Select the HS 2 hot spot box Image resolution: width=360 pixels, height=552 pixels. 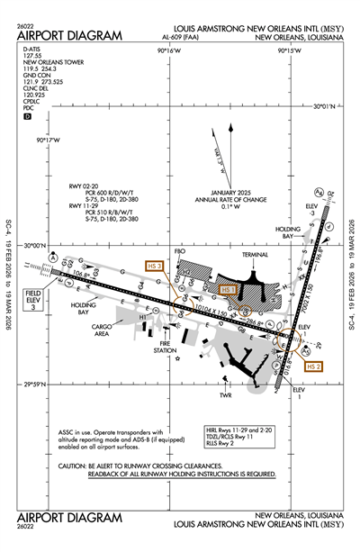point(313,367)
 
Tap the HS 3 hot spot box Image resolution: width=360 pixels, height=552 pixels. point(154,266)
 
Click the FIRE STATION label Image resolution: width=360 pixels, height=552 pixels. point(166,347)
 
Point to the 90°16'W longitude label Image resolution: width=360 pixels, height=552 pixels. point(168,51)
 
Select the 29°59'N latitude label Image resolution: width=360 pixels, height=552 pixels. point(37,379)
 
